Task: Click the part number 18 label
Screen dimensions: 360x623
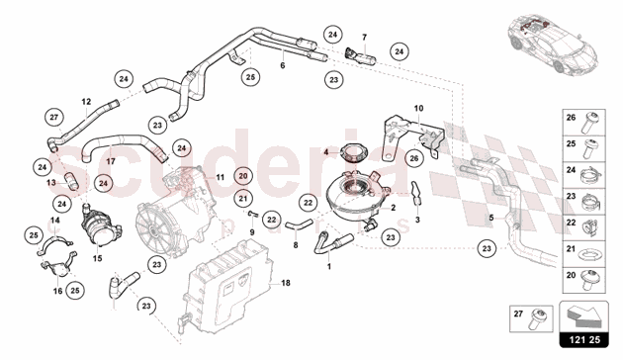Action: (x=286, y=283)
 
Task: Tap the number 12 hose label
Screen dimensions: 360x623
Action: (x=86, y=102)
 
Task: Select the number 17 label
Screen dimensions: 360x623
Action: (x=112, y=162)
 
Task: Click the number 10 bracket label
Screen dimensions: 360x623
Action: (x=418, y=108)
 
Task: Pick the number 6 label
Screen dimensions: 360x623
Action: (x=283, y=66)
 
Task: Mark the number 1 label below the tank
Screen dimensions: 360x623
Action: (x=330, y=266)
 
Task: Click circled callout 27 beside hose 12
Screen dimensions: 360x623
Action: (x=53, y=117)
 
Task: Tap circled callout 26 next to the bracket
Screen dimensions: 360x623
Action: (x=415, y=156)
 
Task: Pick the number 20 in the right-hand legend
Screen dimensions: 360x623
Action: (x=569, y=277)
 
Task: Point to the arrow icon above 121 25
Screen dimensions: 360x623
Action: (x=592, y=318)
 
